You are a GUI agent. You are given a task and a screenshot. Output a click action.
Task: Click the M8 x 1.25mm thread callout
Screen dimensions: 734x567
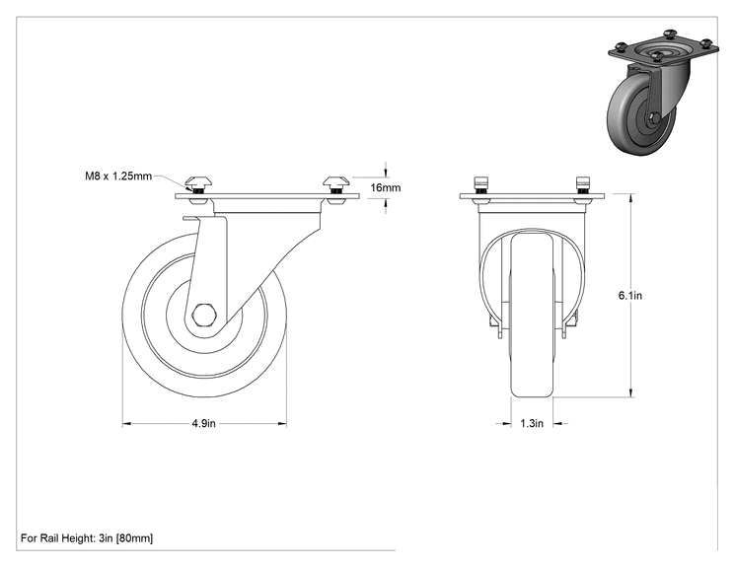click(x=118, y=176)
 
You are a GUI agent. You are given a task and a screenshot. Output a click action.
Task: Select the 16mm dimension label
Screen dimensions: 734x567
click(x=386, y=187)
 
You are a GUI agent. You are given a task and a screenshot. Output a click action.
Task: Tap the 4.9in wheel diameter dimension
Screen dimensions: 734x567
click(x=203, y=423)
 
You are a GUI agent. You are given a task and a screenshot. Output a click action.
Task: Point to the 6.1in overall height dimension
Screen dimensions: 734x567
click(x=630, y=295)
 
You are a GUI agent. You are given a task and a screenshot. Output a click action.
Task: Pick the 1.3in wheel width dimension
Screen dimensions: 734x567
click(x=532, y=423)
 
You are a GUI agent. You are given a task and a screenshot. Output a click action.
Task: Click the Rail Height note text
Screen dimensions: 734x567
click(x=87, y=538)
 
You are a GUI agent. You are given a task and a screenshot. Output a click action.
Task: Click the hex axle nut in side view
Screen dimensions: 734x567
click(x=204, y=314)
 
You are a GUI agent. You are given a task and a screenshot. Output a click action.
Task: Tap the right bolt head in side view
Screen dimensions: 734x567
click(x=335, y=180)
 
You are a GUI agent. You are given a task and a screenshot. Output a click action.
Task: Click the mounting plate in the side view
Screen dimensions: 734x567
click(x=267, y=196)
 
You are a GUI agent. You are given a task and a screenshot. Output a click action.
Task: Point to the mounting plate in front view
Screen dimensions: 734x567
click(x=532, y=196)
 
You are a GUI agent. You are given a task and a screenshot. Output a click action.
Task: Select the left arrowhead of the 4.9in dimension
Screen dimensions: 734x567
click(x=126, y=424)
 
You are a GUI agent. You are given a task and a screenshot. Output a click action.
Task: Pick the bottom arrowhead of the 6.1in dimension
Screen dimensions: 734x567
click(x=631, y=393)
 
